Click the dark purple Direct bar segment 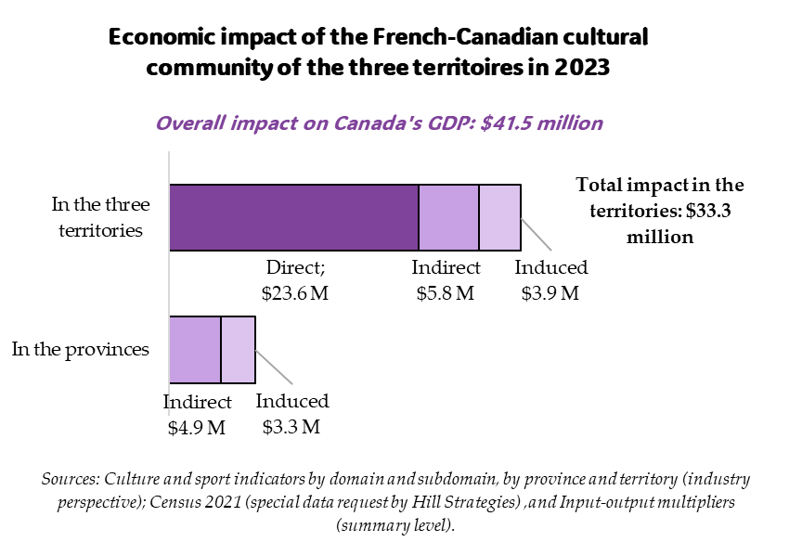tap(293, 217)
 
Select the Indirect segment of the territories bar tap(448, 217)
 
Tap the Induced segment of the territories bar tap(499, 217)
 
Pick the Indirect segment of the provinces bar tap(195, 349)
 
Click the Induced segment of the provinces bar tap(238, 349)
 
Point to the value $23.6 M tap(295, 294)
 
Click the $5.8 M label tap(446, 294)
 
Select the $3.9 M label tap(550, 294)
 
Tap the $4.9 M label tap(197, 428)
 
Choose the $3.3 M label tap(291, 428)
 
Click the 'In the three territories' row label tap(99, 216)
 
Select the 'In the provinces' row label tap(80, 350)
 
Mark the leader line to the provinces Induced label tap(274, 368)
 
